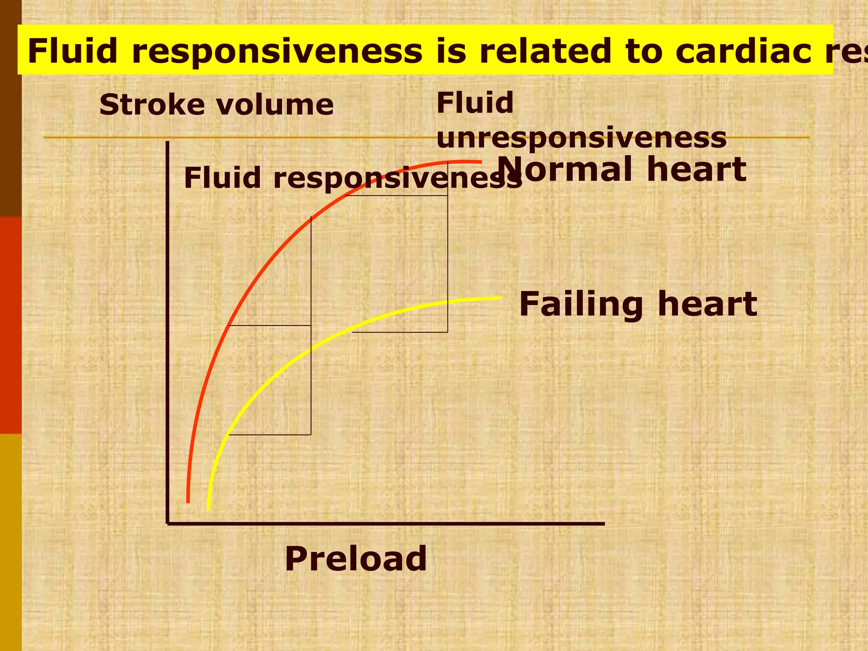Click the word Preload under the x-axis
pyautogui.click(x=356, y=559)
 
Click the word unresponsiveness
pyautogui.click(x=581, y=138)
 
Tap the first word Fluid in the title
pyautogui.click(x=72, y=51)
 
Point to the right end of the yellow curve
pyautogui.click(x=501, y=298)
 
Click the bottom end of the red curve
pyautogui.click(x=188, y=502)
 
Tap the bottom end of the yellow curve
pyautogui.click(x=208, y=508)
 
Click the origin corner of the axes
pyautogui.click(x=168, y=524)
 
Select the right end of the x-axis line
pyautogui.click(x=604, y=524)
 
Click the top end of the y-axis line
pyautogui.click(x=168, y=142)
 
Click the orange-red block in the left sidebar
pyautogui.click(x=11, y=325)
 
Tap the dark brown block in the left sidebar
pyautogui.click(x=11, y=108)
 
